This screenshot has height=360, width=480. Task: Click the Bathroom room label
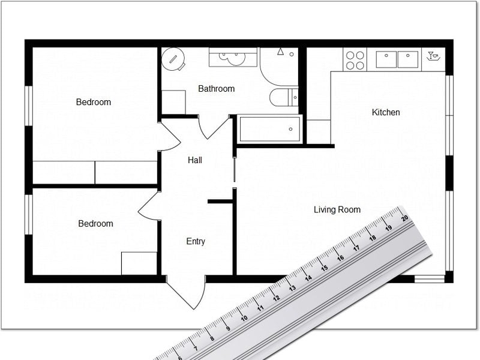click(216, 89)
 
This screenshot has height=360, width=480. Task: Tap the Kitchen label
click(386, 112)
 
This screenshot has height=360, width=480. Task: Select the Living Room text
click(337, 209)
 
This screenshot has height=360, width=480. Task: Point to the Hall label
click(195, 160)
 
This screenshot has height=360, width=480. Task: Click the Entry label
click(196, 241)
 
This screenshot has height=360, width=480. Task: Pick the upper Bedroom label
click(94, 102)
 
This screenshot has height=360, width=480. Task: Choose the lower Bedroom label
click(95, 224)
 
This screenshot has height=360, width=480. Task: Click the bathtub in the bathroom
click(269, 129)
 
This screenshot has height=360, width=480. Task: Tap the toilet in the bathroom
click(283, 97)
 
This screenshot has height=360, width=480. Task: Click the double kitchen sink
click(397, 59)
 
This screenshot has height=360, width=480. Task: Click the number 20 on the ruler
click(405, 218)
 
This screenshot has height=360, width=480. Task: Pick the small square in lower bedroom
click(139, 263)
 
